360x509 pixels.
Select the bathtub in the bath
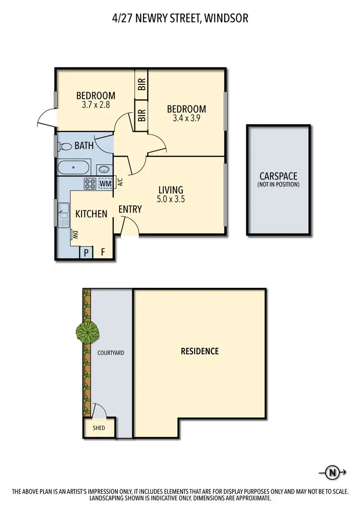coord(73,168)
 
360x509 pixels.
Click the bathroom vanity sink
coord(104,169)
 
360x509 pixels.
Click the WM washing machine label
coord(105,183)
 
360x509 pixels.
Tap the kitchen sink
coord(63,214)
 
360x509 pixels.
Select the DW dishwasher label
coord(75,235)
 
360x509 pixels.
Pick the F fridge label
coord(102,251)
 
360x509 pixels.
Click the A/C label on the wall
coord(120,182)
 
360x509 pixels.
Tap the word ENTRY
coord(130,209)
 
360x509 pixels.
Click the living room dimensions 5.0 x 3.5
coord(170,199)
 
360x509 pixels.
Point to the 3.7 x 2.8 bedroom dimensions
coord(96,104)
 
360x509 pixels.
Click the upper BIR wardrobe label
coord(142,84)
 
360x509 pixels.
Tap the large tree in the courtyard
coord(87,331)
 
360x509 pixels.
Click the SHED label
coord(99,428)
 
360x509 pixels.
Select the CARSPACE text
coord(278,176)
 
